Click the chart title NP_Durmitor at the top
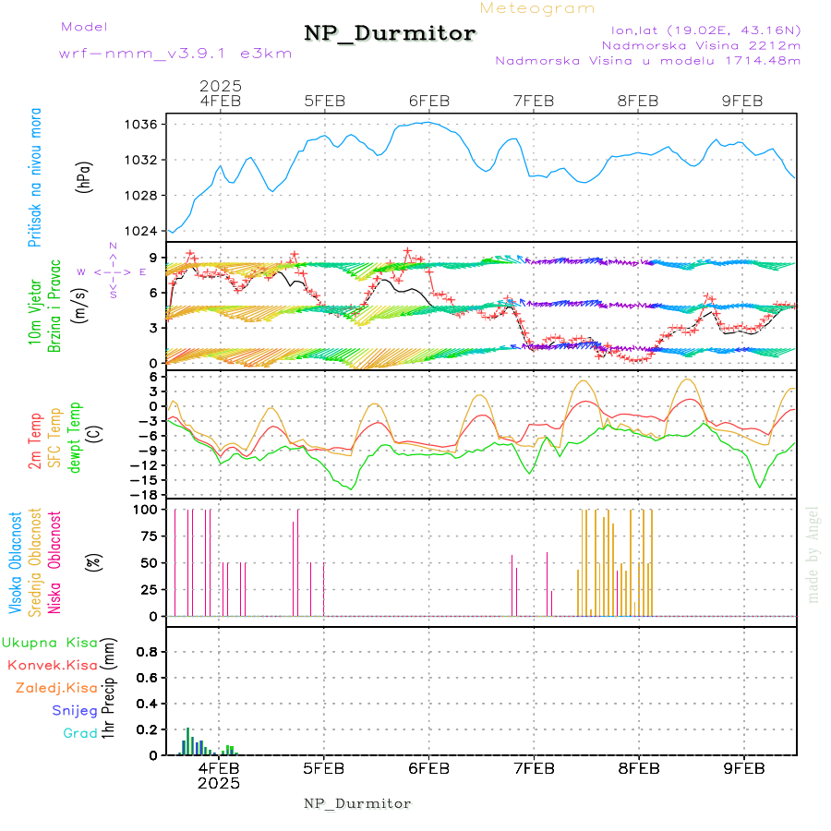(x=390, y=34)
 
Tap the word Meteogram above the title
(x=537, y=8)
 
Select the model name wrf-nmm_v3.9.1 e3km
(x=175, y=54)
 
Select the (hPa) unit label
(x=84, y=176)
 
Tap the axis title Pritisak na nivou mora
(x=36, y=177)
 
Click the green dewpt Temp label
(x=75, y=433)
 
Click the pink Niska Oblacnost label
(x=54, y=563)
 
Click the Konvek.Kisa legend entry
(x=53, y=665)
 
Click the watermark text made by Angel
(x=813, y=554)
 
